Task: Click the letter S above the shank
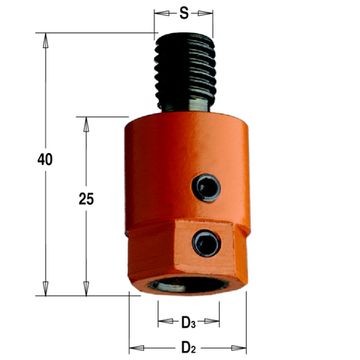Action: click(184, 16)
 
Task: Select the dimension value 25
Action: click(85, 199)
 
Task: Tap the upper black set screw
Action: click(206, 186)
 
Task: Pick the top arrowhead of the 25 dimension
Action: click(85, 123)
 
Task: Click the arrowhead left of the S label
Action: click(160, 15)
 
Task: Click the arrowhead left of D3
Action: click(161, 322)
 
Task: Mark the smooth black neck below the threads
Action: click(185, 108)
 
